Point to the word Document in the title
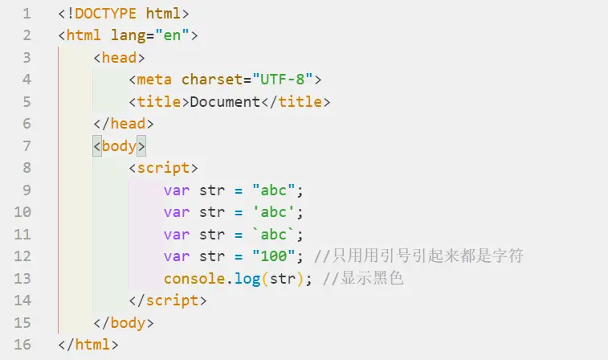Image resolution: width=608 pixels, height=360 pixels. click(225, 102)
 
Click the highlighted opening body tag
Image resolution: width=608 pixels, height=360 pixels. click(119, 146)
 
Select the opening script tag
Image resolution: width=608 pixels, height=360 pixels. click(163, 168)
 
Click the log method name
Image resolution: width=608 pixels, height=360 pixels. click(243, 279)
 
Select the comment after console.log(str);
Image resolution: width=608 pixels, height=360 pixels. click(361, 279)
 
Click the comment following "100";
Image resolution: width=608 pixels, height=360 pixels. click(418, 256)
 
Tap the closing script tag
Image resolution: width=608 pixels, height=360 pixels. click(167, 301)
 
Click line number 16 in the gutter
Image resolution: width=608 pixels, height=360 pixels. click(22, 345)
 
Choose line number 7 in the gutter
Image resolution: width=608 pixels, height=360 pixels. click(27, 146)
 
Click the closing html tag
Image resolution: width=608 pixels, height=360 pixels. click(88, 345)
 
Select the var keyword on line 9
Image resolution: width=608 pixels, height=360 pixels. click(176, 190)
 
